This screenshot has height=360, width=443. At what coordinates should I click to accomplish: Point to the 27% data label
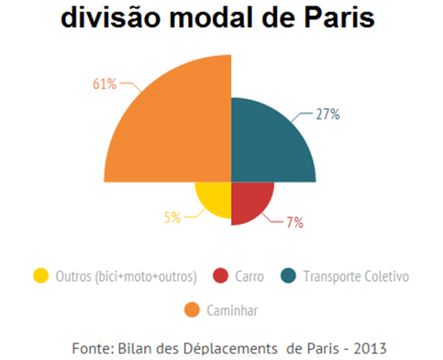point(327,114)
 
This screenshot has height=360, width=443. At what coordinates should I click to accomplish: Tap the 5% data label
point(172,217)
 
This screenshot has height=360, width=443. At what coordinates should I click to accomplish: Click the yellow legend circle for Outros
point(41,276)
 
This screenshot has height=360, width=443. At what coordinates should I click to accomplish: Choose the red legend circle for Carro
point(219,276)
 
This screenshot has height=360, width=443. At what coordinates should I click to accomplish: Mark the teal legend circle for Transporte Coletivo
point(289,276)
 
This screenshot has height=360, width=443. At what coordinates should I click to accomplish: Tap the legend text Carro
point(249,277)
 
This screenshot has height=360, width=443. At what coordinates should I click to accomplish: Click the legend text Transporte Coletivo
point(356,277)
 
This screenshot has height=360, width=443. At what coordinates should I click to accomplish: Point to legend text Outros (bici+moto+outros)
point(126,277)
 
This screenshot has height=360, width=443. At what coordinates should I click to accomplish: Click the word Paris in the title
point(333,18)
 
